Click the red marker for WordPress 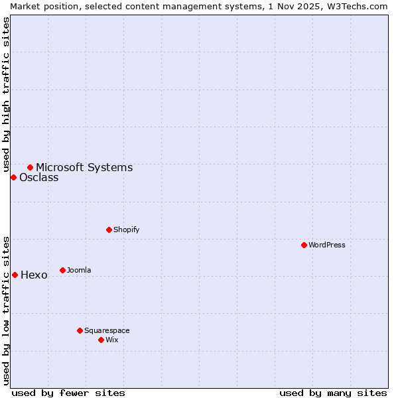tap(304, 245)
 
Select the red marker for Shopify tap(109, 230)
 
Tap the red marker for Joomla tap(62, 270)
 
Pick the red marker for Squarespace tap(80, 330)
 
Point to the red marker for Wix tap(101, 340)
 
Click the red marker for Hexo tap(15, 275)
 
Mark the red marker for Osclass tap(13, 177)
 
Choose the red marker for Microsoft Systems tap(30, 167)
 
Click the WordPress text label tap(327, 245)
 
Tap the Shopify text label tap(126, 230)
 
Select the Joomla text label tap(79, 270)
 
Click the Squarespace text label tap(107, 330)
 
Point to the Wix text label tap(111, 340)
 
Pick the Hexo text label tap(34, 275)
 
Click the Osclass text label tap(38, 178)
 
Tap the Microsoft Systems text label tap(84, 168)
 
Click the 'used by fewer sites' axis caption tap(68, 393)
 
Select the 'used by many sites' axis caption tap(333, 393)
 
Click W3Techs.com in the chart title tap(359, 6)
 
